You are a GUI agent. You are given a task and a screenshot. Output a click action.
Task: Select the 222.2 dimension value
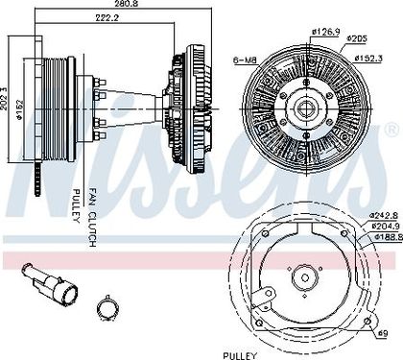point(107,17)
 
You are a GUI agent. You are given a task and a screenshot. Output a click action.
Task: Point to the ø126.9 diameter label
point(325,32)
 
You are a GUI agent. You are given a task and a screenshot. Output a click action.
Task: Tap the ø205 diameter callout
point(357,38)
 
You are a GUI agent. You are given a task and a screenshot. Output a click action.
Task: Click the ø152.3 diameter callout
point(368,59)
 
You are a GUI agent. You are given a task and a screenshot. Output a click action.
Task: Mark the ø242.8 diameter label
point(384,215)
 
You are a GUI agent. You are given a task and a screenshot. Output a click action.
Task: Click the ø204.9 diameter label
point(386,226)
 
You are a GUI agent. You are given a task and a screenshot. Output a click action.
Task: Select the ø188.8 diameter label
point(388,237)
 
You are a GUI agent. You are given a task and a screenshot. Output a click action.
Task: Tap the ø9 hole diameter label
point(383,333)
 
